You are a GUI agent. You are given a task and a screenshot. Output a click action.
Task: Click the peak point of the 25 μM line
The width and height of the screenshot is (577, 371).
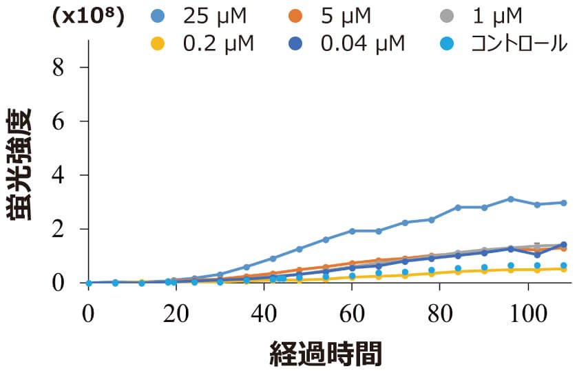click(510, 199)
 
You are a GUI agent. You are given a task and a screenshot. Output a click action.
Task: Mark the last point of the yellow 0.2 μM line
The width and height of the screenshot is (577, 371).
click(563, 269)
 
